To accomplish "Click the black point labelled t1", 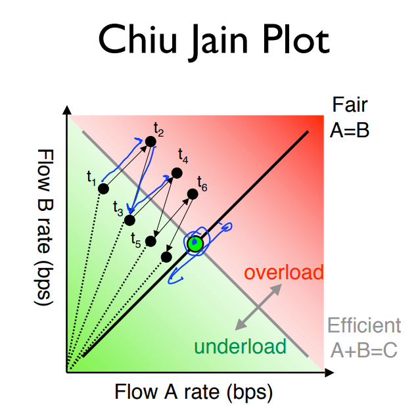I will click(x=103, y=189).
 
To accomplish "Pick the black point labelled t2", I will click(x=151, y=141).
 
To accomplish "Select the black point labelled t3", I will click(x=130, y=219).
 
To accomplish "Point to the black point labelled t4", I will click(x=176, y=173).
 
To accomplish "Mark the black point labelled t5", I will click(x=151, y=241).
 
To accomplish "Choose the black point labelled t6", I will click(x=193, y=193).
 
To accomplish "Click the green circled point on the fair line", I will click(x=195, y=244).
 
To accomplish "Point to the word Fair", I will click(x=349, y=105).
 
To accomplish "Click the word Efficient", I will click(x=363, y=325).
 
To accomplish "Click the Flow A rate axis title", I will click(x=193, y=392).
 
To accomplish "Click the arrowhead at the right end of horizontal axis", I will click(x=327, y=373).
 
